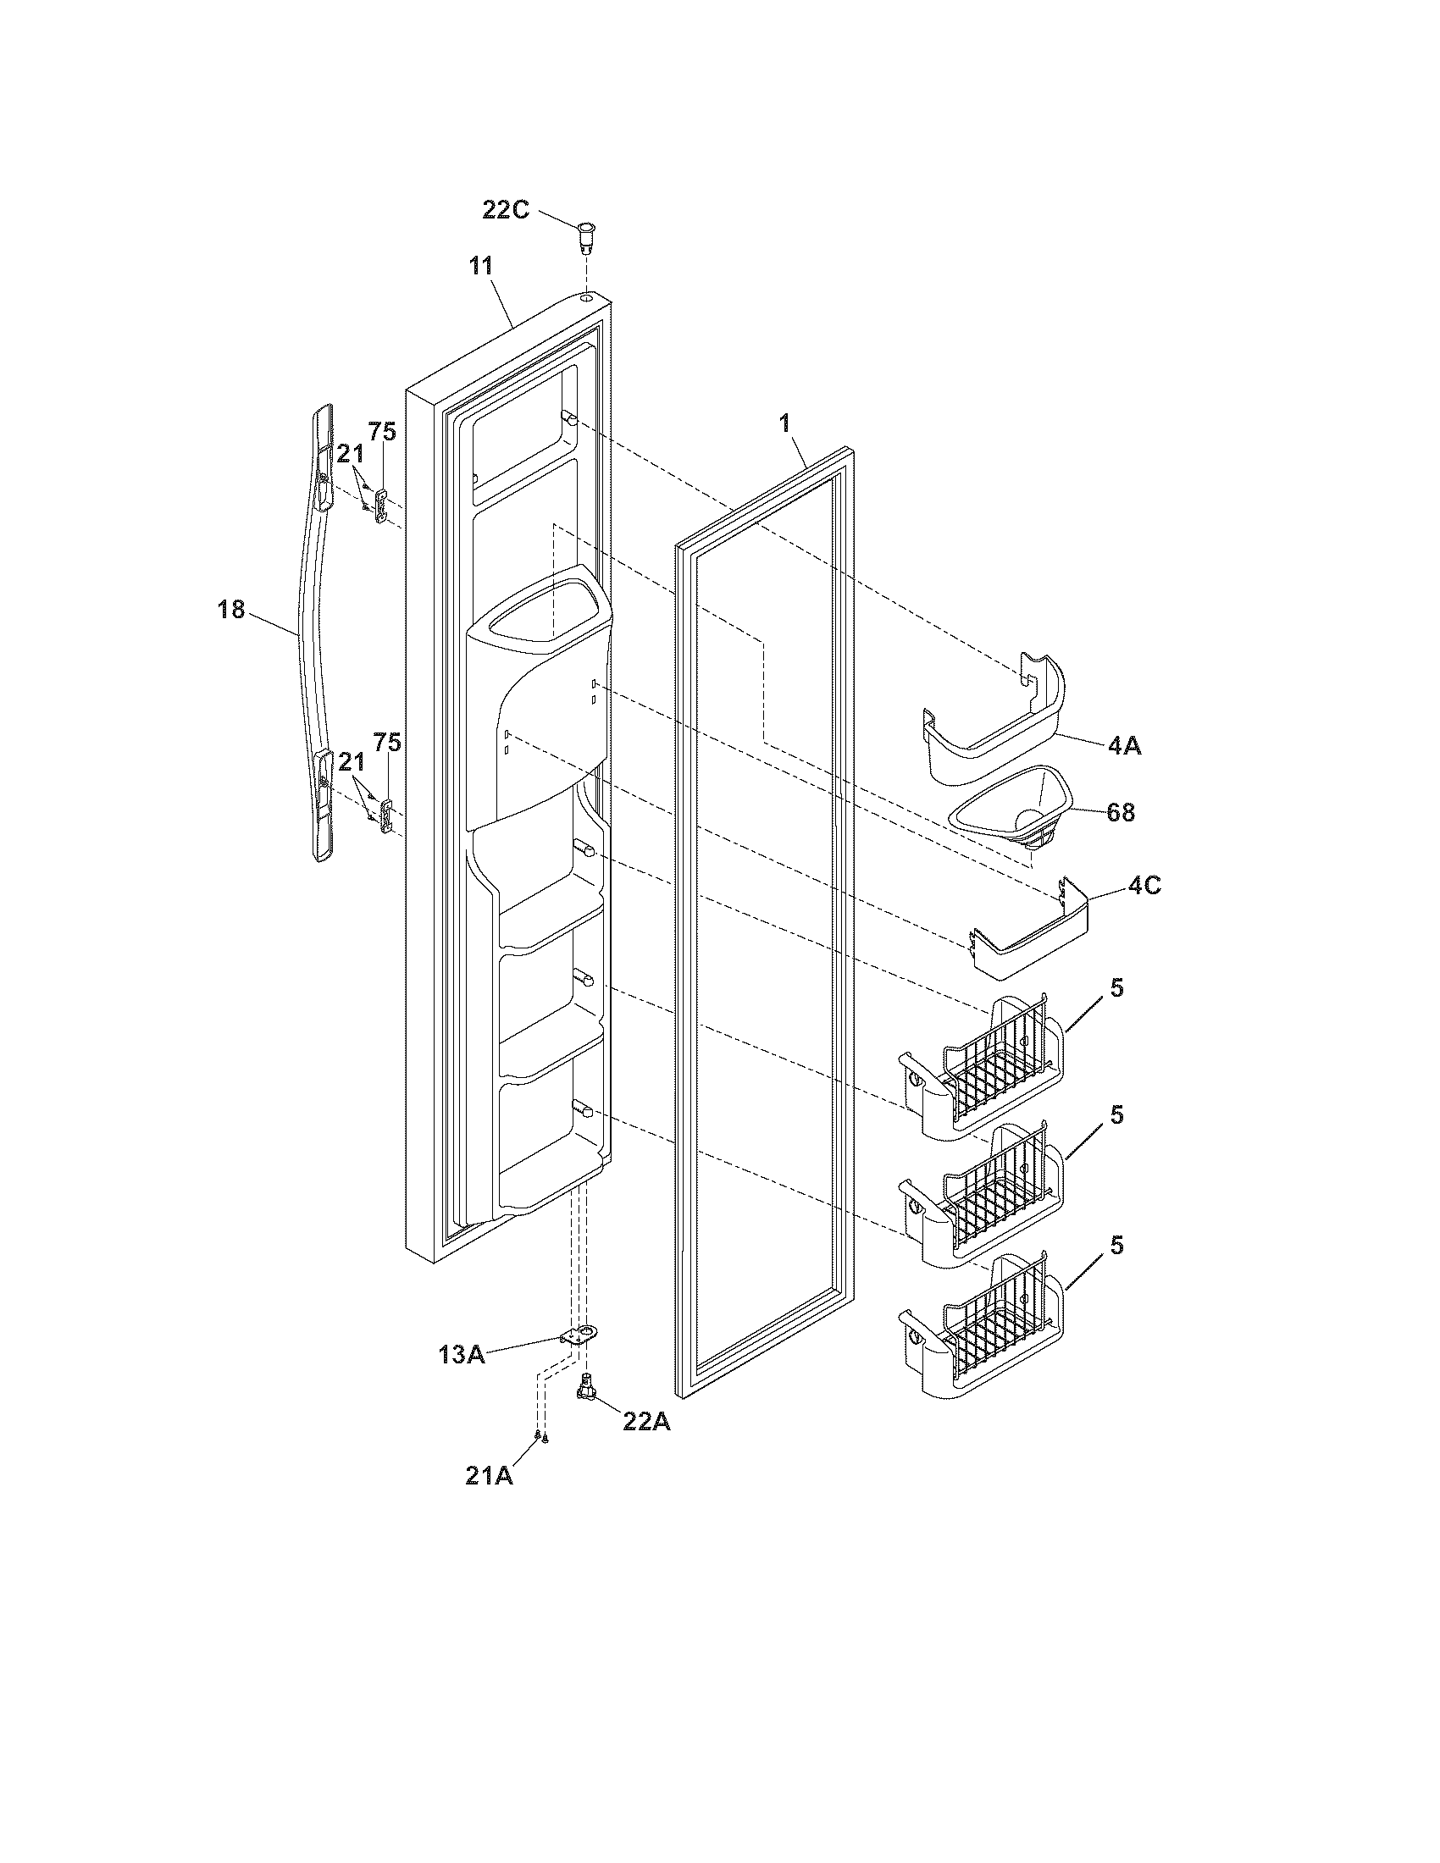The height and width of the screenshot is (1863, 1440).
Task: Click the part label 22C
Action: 506,210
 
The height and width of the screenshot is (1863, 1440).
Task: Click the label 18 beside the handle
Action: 231,611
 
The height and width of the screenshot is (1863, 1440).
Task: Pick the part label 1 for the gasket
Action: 785,423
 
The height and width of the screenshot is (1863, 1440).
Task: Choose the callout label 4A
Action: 1124,745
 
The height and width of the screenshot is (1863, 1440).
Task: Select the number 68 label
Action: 1120,813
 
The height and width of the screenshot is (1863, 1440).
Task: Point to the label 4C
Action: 1144,886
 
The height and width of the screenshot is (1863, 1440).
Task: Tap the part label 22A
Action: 645,1423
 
